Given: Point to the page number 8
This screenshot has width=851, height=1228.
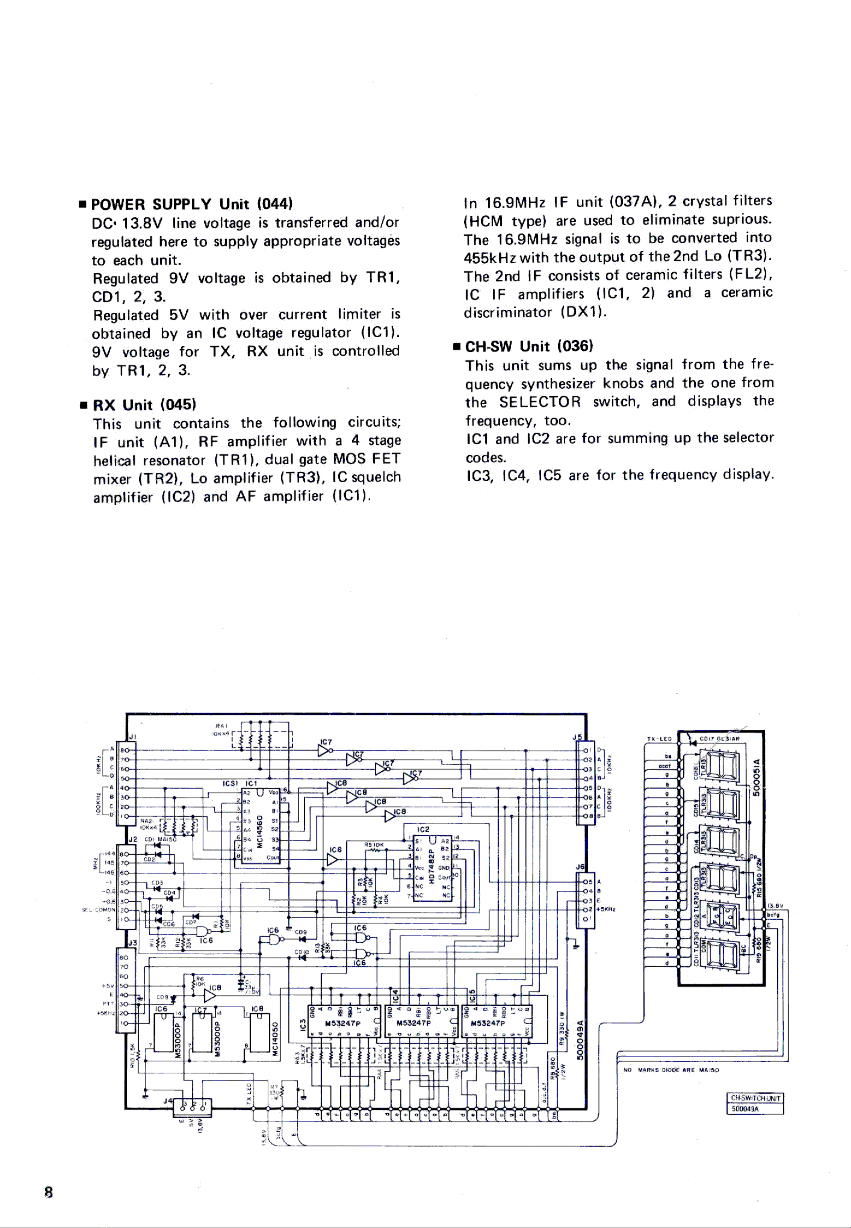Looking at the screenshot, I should [x=49, y=1192].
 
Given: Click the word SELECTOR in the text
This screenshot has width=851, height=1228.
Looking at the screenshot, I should [x=540, y=402].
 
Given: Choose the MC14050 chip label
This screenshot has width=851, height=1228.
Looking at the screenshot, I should [x=275, y=1038].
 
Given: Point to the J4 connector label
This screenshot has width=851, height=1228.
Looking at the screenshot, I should [x=167, y=1100].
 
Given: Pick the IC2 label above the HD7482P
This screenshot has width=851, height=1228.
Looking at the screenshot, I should [x=423, y=830].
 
